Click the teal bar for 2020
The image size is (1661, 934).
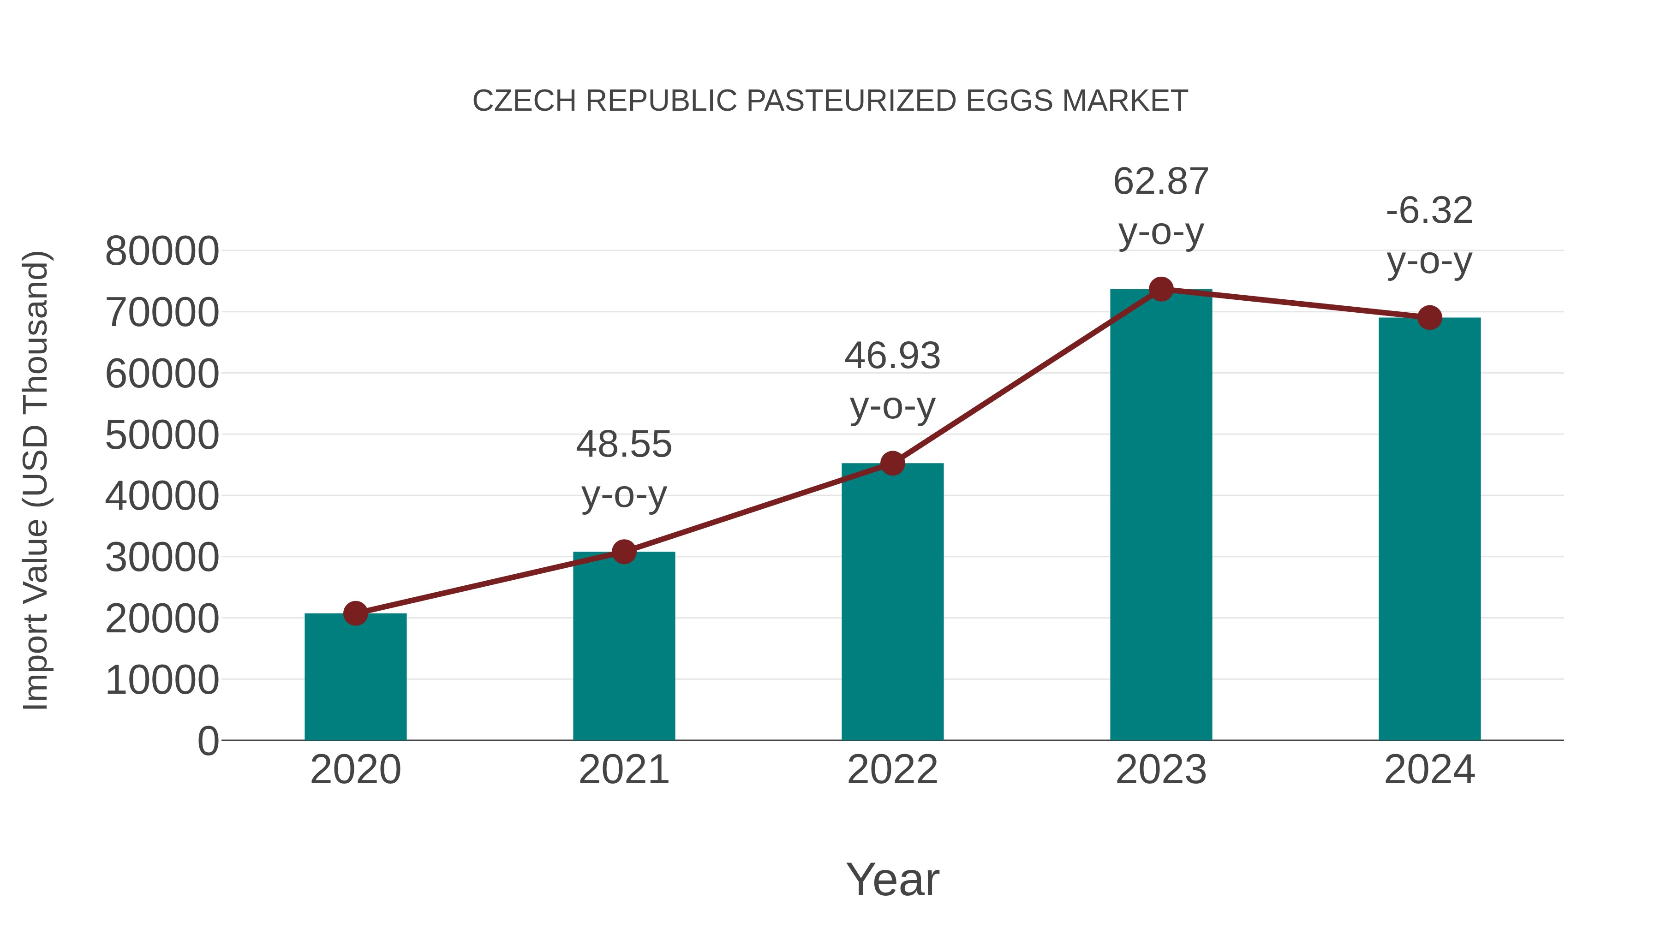[355, 677]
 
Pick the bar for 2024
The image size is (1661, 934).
[1429, 529]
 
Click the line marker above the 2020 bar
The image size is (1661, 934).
[355, 613]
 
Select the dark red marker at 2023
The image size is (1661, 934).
[1161, 289]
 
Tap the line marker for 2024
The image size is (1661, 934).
[1429, 318]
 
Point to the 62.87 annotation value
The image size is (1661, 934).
[1161, 182]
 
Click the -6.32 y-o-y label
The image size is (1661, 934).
[1429, 211]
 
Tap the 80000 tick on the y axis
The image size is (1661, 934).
[162, 251]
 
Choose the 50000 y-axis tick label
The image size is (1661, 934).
[162, 435]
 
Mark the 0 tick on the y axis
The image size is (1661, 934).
[208, 741]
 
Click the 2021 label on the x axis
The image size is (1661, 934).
[623, 770]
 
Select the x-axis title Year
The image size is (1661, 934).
[892, 879]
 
